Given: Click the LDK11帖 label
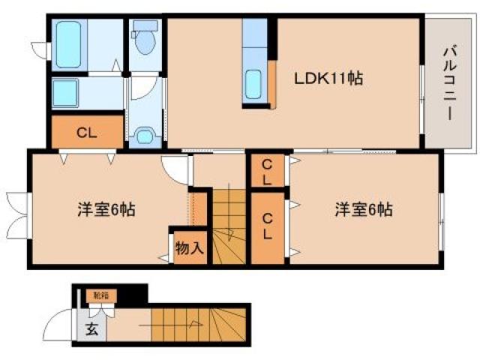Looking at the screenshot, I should pos(328,78).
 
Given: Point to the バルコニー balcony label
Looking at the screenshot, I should pos(447,82).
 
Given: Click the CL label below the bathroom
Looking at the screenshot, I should pos(86,133).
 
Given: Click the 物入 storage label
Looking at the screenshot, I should pos(189,247).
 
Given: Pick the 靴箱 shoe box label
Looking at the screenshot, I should pos(100,295).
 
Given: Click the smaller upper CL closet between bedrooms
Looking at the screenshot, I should pos(266,172).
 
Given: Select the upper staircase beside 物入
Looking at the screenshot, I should pos(229,225).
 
